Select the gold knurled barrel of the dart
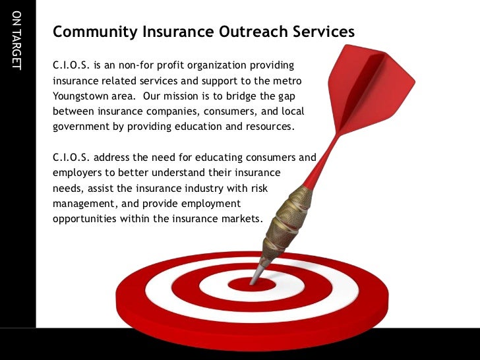[x=291, y=218]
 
